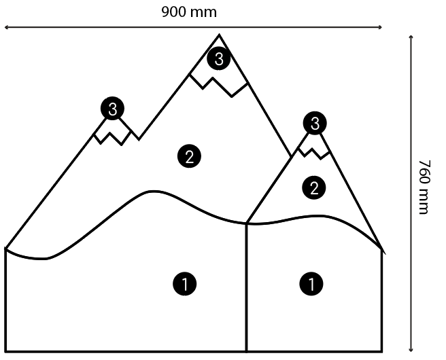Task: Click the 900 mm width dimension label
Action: pyautogui.click(x=189, y=12)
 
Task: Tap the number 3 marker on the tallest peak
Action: pyautogui.click(x=219, y=59)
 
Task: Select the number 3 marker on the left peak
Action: pyautogui.click(x=113, y=108)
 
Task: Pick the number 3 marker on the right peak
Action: pyautogui.click(x=315, y=124)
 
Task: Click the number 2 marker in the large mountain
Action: pyautogui.click(x=189, y=156)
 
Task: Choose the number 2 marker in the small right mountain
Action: pyautogui.click(x=313, y=187)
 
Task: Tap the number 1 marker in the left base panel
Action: pyautogui.click(x=186, y=283)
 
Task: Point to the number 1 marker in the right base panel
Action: pyautogui.click(x=311, y=283)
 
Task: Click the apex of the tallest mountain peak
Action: pyautogui.click(x=219, y=35)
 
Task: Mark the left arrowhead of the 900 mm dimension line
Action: pyautogui.click(x=7, y=28)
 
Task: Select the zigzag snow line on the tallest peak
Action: pyautogui.click(x=218, y=84)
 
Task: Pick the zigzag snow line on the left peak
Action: pyautogui.click(x=116, y=137)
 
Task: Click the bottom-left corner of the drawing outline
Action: pyautogui.click(x=5, y=351)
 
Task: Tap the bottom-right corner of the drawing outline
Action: pyautogui.click(x=382, y=351)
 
